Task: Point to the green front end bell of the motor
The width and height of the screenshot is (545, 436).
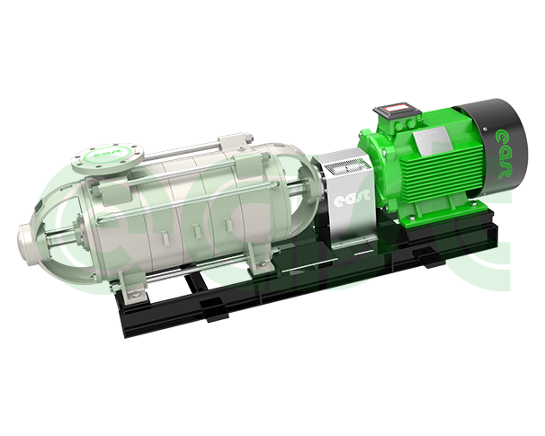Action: click(379, 171)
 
